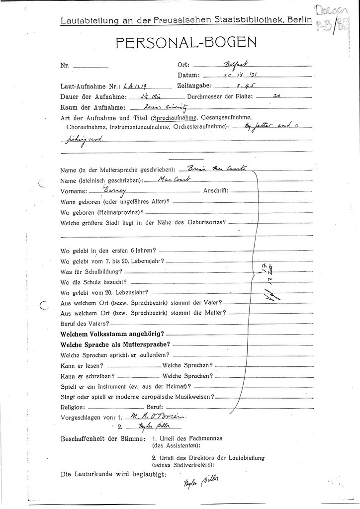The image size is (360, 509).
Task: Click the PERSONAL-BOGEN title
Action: (186, 43)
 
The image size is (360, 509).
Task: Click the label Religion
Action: (73, 407)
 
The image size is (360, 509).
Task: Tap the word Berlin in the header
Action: (298, 20)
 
